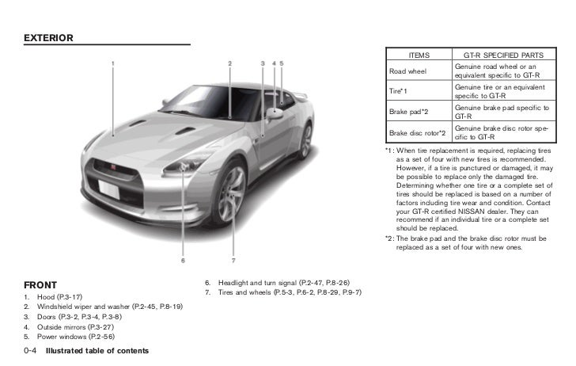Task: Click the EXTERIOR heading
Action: click(48, 37)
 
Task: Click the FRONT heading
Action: click(40, 284)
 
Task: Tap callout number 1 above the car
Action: click(113, 63)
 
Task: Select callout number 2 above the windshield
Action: click(229, 63)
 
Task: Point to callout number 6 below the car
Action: click(183, 259)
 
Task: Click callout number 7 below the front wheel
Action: click(233, 259)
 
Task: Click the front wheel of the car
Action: click(231, 193)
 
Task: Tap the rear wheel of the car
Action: click(305, 140)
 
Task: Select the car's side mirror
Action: click(275, 113)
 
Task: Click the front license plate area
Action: click(110, 189)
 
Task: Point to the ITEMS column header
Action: click(419, 55)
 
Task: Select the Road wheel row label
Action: click(407, 71)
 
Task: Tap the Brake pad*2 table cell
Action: click(409, 112)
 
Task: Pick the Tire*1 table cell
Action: click(400, 91)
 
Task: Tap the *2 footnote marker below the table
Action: click(389, 238)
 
